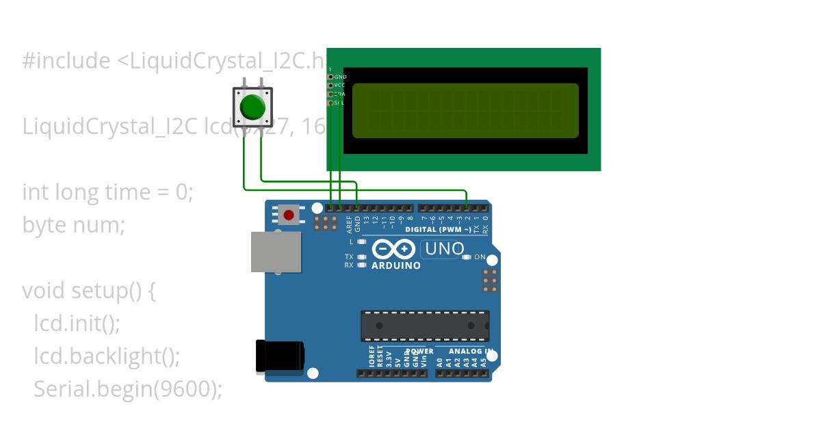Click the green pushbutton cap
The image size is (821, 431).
click(252, 107)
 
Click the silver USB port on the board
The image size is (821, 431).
click(276, 252)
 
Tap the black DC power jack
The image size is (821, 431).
click(281, 356)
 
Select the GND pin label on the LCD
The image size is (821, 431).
click(340, 77)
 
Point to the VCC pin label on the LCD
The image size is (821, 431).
click(340, 86)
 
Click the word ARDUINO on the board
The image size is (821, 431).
click(396, 265)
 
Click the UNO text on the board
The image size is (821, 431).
click(444, 249)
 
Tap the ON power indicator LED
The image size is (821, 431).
click(467, 257)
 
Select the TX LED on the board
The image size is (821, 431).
click(362, 257)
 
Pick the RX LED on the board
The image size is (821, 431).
click(362, 265)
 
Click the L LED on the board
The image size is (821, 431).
click(362, 241)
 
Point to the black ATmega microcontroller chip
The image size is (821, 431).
click(425, 326)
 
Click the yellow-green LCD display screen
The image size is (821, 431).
click(465, 111)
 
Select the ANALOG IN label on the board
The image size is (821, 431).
click(471, 352)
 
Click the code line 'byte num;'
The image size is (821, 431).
click(74, 224)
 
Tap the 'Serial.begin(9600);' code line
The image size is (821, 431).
click(128, 389)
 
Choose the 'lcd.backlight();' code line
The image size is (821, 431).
click(107, 356)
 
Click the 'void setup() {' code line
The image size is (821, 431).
click(90, 291)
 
